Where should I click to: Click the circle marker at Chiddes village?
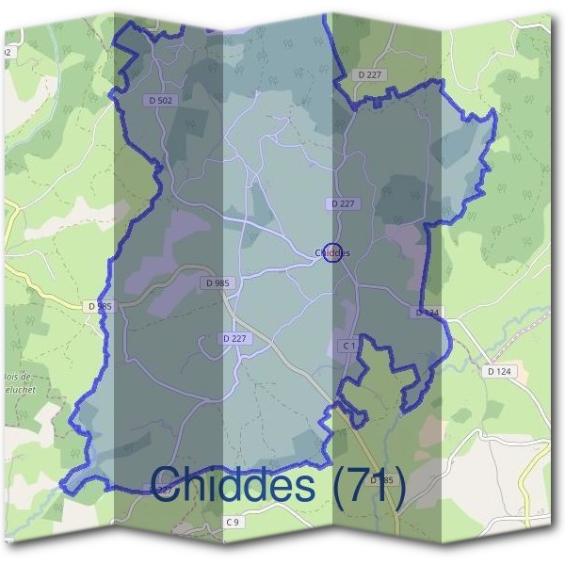click(x=331, y=252)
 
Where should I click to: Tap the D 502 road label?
click(x=161, y=101)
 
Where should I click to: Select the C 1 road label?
click(x=347, y=346)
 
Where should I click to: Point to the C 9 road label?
click(x=234, y=521)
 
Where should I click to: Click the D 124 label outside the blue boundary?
click(x=499, y=372)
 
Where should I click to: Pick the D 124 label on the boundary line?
click(x=427, y=312)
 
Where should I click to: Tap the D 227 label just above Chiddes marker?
click(x=343, y=203)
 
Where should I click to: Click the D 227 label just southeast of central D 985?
click(x=235, y=338)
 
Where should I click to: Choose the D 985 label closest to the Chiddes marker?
click(x=216, y=282)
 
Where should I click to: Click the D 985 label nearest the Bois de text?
click(x=98, y=306)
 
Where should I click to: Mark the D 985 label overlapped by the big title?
click(x=380, y=481)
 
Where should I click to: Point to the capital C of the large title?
click(x=168, y=485)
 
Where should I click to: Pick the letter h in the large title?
click(x=197, y=485)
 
